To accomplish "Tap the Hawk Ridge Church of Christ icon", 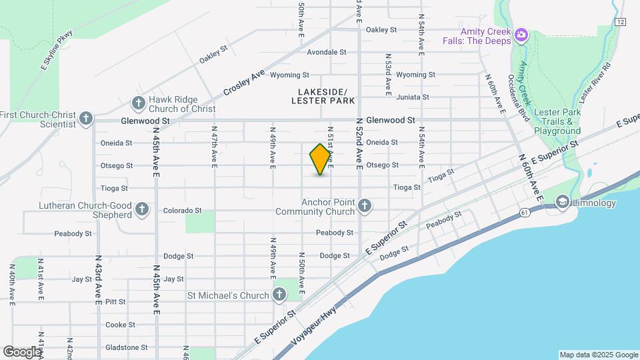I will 138,103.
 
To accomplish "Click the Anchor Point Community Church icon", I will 364,206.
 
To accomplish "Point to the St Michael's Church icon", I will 279,294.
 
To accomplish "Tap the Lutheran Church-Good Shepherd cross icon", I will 141,210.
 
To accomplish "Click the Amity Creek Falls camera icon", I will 521,34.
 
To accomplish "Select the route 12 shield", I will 621,22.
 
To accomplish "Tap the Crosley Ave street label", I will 244,82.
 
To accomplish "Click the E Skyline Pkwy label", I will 56,46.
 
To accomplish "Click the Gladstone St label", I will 127,347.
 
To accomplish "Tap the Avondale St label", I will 327,52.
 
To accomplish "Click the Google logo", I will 23,351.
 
